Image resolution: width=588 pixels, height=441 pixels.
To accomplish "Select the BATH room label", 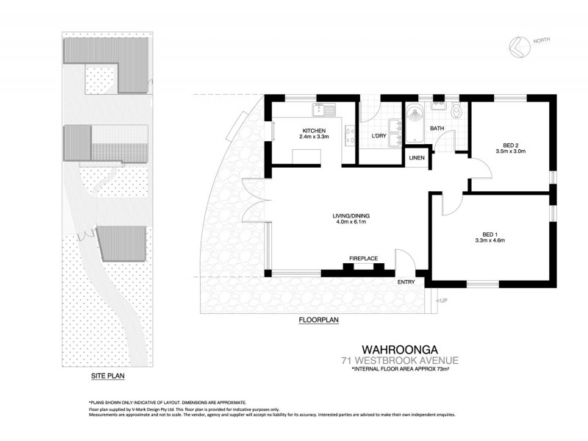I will coord(437,129).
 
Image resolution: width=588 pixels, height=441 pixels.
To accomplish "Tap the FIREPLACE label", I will coord(363,259).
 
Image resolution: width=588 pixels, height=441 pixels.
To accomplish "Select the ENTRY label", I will coord(406,282).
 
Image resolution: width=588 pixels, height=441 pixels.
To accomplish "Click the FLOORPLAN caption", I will coord(318,320).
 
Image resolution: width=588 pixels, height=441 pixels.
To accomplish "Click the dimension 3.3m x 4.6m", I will coord(487,240).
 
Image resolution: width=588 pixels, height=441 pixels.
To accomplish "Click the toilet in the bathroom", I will coord(456,112).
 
